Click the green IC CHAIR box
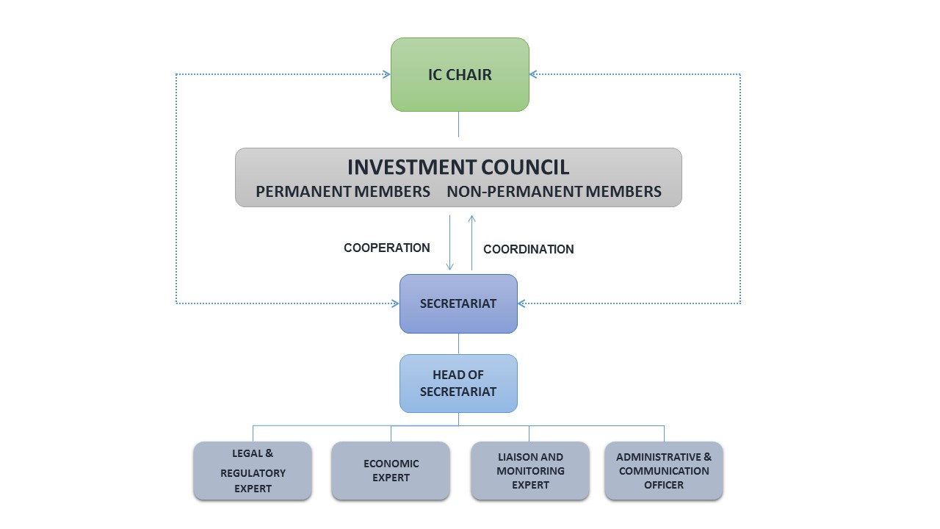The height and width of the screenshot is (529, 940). click(460, 74)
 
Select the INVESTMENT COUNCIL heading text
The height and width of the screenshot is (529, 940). click(458, 167)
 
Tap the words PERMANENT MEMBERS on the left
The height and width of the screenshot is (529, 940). click(343, 192)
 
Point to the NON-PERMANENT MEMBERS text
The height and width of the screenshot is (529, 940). click(554, 192)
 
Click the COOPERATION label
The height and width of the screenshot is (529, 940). click(387, 248)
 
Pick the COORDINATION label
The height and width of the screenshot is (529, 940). click(528, 249)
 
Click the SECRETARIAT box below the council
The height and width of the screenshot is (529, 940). click(458, 303)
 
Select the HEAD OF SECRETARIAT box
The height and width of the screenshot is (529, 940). click(458, 383)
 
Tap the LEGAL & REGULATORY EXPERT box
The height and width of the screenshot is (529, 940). click(253, 471)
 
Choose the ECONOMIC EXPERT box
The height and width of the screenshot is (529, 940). click(391, 471)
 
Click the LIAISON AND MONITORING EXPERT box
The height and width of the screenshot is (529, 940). click(530, 471)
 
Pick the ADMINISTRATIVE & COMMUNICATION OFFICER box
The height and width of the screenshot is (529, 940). click(664, 471)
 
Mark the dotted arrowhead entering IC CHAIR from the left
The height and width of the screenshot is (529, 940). click(386, 74)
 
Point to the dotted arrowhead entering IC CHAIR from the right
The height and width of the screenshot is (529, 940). click(534, 74)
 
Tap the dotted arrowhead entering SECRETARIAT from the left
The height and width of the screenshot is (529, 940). click(395, 303)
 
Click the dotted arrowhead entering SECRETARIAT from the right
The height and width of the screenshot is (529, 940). click(522, 303)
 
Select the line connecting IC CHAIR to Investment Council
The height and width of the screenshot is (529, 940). click(459, 124)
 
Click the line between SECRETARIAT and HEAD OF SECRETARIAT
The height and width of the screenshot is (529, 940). click(459, 344)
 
